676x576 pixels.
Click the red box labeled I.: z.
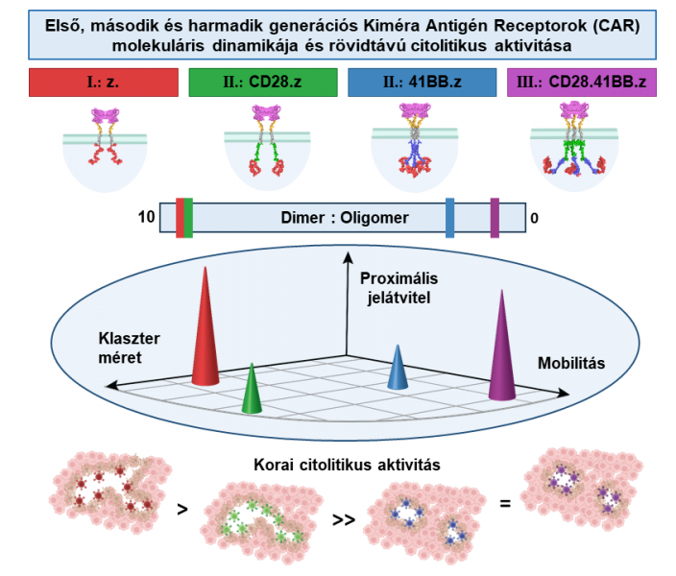coord(105,82)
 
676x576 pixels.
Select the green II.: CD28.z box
coord(262,82)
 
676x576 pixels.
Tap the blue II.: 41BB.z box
coord(420,82)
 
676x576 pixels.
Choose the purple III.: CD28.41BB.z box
coord(577,82)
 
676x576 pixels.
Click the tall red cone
coord(205,331)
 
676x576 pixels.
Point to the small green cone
coord(251,389)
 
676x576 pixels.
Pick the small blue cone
coord(398,370)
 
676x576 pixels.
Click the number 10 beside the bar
coord(147,218)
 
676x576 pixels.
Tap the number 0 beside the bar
coord(535,218)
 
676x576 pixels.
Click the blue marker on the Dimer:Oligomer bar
coord(450,217)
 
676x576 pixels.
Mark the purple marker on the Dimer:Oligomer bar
coord(495,217)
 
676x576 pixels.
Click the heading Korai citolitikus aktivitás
coord(347,466)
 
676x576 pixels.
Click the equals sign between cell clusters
coord(504,501)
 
